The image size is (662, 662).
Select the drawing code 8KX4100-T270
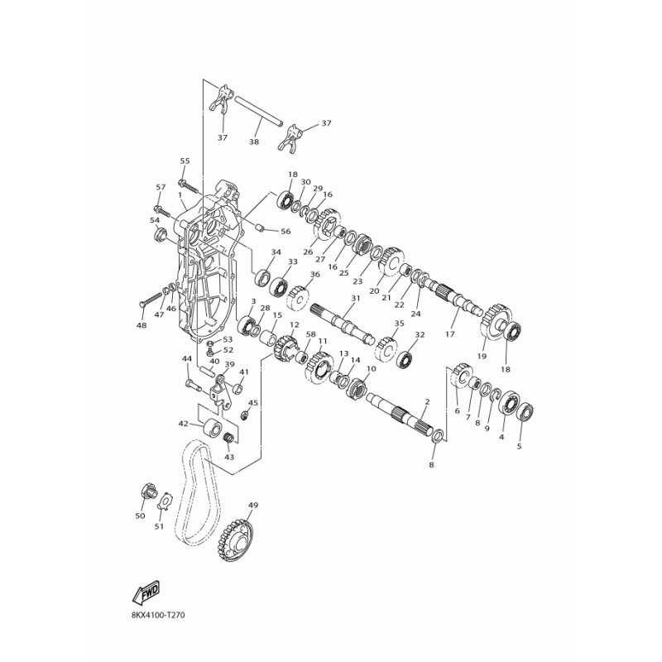[x=157, y=614]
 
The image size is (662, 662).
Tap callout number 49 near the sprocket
[x=253, y=505]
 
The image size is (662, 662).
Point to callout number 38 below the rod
[x=254, y=142]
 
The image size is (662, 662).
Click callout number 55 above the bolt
[x=185, y=161]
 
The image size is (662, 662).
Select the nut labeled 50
[x=148, y=491]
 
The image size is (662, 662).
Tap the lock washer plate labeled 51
[x=169, y=501]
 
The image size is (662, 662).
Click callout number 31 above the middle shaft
[x=356, y=298]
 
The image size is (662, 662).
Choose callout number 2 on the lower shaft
[x=427, y=401]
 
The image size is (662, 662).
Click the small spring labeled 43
[x=228, y=439]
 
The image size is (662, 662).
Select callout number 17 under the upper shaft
[x=450, y=334]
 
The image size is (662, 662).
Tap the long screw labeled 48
[x=151, y=298]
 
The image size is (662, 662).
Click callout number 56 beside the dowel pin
[x=285, y=232]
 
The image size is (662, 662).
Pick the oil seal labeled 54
[x=161, y=235]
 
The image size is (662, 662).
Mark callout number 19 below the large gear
[x=482, y=356]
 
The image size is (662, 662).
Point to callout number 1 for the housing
[x=180, y=195]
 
